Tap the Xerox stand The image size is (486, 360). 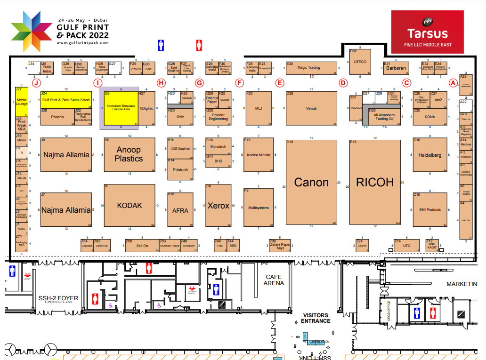point(218,206)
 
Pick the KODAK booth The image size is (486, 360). point(129,206)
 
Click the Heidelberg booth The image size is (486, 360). point(429,155)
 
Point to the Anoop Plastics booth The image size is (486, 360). point(129,154)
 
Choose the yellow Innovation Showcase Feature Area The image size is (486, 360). point(121,108)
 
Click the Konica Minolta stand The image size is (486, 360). point(258,155)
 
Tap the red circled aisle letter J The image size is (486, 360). point(36,83)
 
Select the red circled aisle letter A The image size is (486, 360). point(453,83)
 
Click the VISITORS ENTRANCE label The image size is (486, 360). point(316,318)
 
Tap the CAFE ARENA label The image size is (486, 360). point(274,280)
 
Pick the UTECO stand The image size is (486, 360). point(360,62)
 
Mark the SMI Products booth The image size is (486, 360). point(429,209)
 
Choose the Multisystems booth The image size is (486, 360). point(258,208)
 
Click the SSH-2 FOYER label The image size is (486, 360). point(58,298)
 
